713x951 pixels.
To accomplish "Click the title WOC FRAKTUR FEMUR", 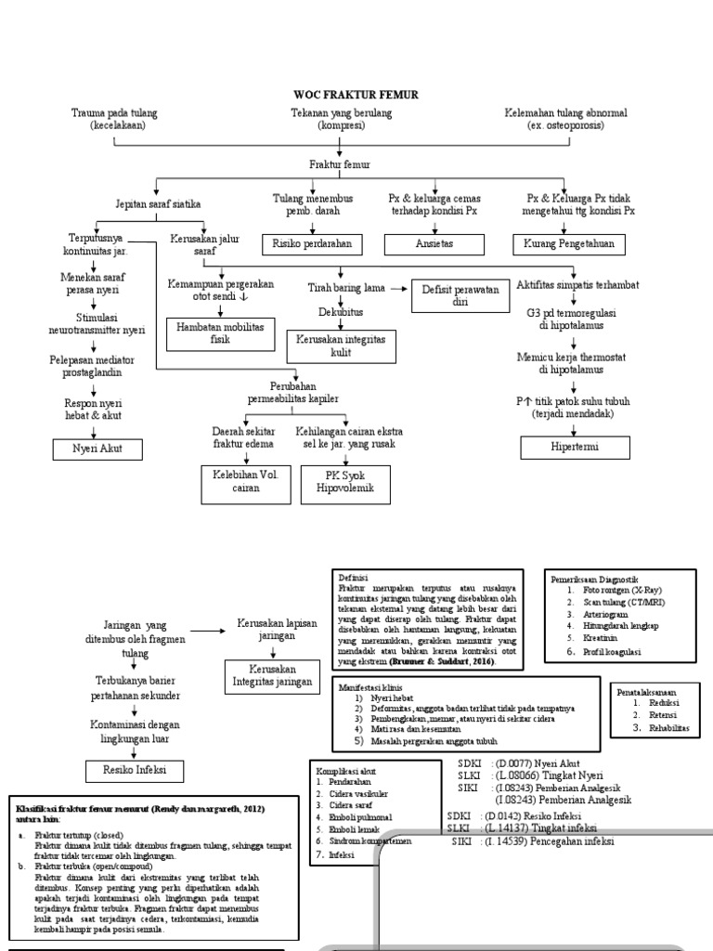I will pyautogui.click(x=356, y=95).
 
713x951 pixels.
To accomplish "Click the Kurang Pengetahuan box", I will pyautogui.click(x=569, y=244).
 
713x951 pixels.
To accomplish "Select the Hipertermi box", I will pyautogui.click(x=575, y=448).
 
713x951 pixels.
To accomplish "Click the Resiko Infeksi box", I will pyautogui.click(x=132, y=770).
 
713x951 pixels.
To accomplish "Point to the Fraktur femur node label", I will pyautogui.click(x=339, y=164).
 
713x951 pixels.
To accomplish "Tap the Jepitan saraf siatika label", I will pyautogui.click(x=158, y=203).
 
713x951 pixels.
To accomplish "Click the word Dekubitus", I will pyautogui.click(x=341, y=310).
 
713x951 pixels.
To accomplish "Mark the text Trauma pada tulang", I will pyautogui.click(x=114, y=112).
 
